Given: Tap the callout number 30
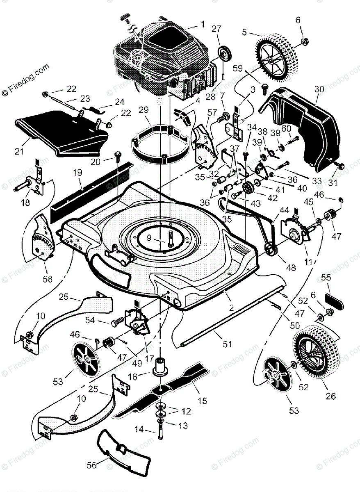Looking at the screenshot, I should (x=319, y=89).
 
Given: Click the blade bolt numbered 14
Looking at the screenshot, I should (x=158, y=430).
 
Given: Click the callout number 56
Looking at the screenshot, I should (x=91, y=465).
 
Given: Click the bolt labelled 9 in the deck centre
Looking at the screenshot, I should (x=170, y=238).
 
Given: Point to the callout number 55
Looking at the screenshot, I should (x=325, y=277).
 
